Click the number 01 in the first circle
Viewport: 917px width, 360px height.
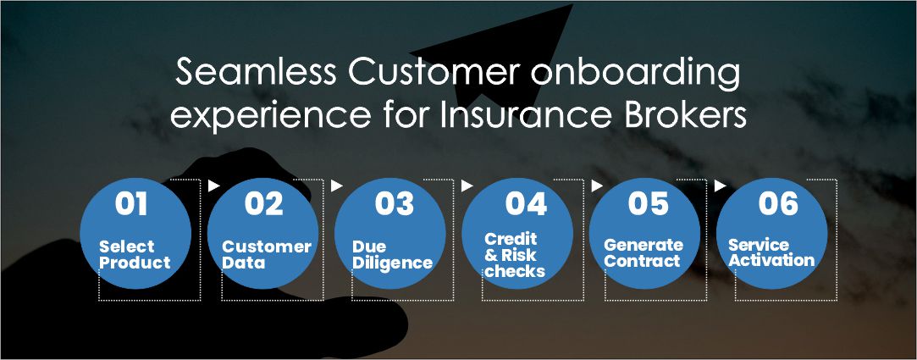(x=131, y=203)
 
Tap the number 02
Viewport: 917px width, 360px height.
(x=264, y=203)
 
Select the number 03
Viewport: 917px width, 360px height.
(x=395, y=203)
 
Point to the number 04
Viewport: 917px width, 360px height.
(x=527, y=203)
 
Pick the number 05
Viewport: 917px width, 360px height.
(x=648, y=203)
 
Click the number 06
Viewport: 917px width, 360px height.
(x=778, y=203)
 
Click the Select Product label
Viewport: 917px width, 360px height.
(x=135, y=254)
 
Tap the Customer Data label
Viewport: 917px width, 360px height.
(x=267, y=254)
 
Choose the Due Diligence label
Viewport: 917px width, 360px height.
(x=392, y=255)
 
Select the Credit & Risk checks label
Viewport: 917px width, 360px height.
(x=515, y=255)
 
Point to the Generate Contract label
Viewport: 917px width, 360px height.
(x=644, y=252)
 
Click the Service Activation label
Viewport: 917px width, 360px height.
(x=771, y=252)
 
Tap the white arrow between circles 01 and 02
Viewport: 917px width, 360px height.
(x=214, y=186)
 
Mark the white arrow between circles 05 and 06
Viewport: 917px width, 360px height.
(x=721, y=186)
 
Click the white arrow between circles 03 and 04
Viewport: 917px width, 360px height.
(x=467, y=186)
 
